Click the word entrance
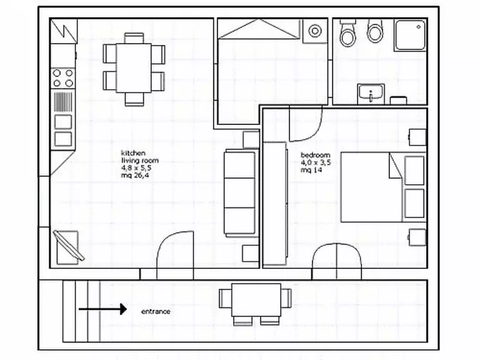click(156, 312)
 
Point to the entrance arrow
click(103, 309)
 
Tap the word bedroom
click(315, 155)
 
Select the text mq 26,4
click(135, 175)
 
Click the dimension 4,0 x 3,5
click(316, 162)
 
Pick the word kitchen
click(133, 153)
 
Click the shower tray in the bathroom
click(410, 35)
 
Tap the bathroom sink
click(371, 93)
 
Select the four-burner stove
click(62, 78)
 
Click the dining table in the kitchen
click(134, 68)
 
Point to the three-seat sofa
click(240, 194)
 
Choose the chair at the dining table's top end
click(134, 38)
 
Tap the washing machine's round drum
click(315, 31)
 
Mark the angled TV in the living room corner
click(69, 246)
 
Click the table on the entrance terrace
click(256, 300)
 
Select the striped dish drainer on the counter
click(63, 102)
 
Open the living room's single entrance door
click(175, 255)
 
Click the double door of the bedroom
click(337, 261)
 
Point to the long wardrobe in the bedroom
click(275, 203)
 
